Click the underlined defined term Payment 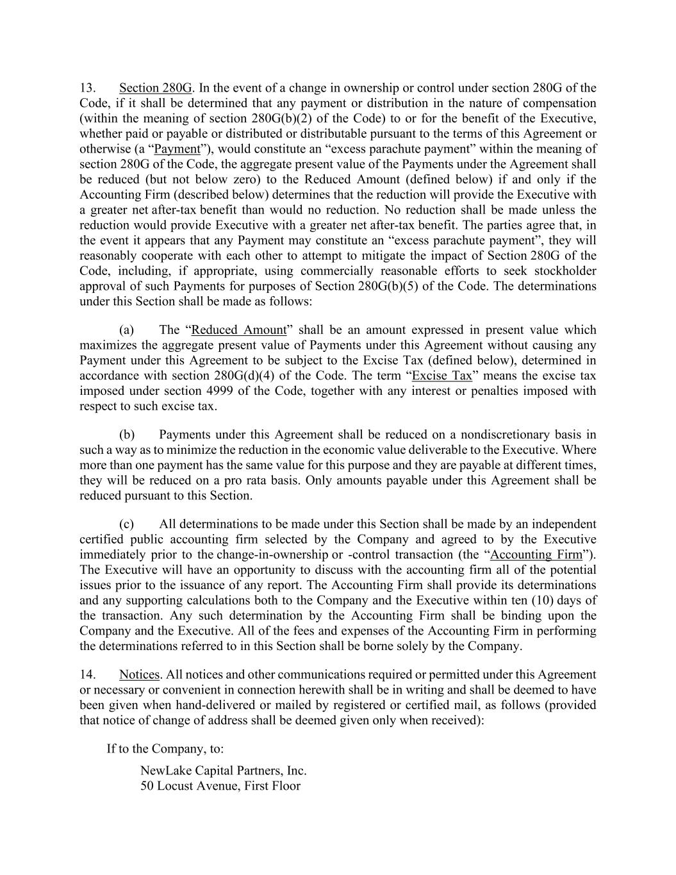177,149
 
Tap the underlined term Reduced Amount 239,330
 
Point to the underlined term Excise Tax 442,376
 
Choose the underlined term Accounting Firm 536,554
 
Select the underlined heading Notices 139,675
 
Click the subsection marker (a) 126,330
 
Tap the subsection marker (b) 126,435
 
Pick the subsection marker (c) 126,524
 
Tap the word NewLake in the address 165,771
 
